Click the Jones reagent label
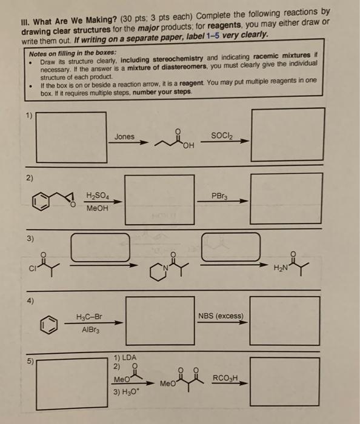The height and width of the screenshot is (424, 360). [124, 137]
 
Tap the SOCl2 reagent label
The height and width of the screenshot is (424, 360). [222, 136]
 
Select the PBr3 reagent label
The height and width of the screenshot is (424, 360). [219, 196]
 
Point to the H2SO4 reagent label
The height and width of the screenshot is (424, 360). [98, 196]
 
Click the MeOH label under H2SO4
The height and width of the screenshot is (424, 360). [97, 208]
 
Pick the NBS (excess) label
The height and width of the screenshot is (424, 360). [221, 316]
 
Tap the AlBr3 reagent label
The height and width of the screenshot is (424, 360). [91, 330]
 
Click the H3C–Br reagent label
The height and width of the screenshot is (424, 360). [89, 316]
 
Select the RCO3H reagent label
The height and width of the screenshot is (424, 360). [225, 378]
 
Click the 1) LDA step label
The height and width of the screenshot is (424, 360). [125, 357]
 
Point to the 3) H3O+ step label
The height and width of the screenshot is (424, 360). [125, 392]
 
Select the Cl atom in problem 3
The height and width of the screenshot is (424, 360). [32, 268]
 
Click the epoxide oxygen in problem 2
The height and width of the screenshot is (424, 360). [73, 205]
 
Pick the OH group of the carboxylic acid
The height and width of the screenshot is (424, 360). [188, 146]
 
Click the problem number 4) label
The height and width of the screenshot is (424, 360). [30, 300]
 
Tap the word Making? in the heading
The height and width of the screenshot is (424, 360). [101, 19]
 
